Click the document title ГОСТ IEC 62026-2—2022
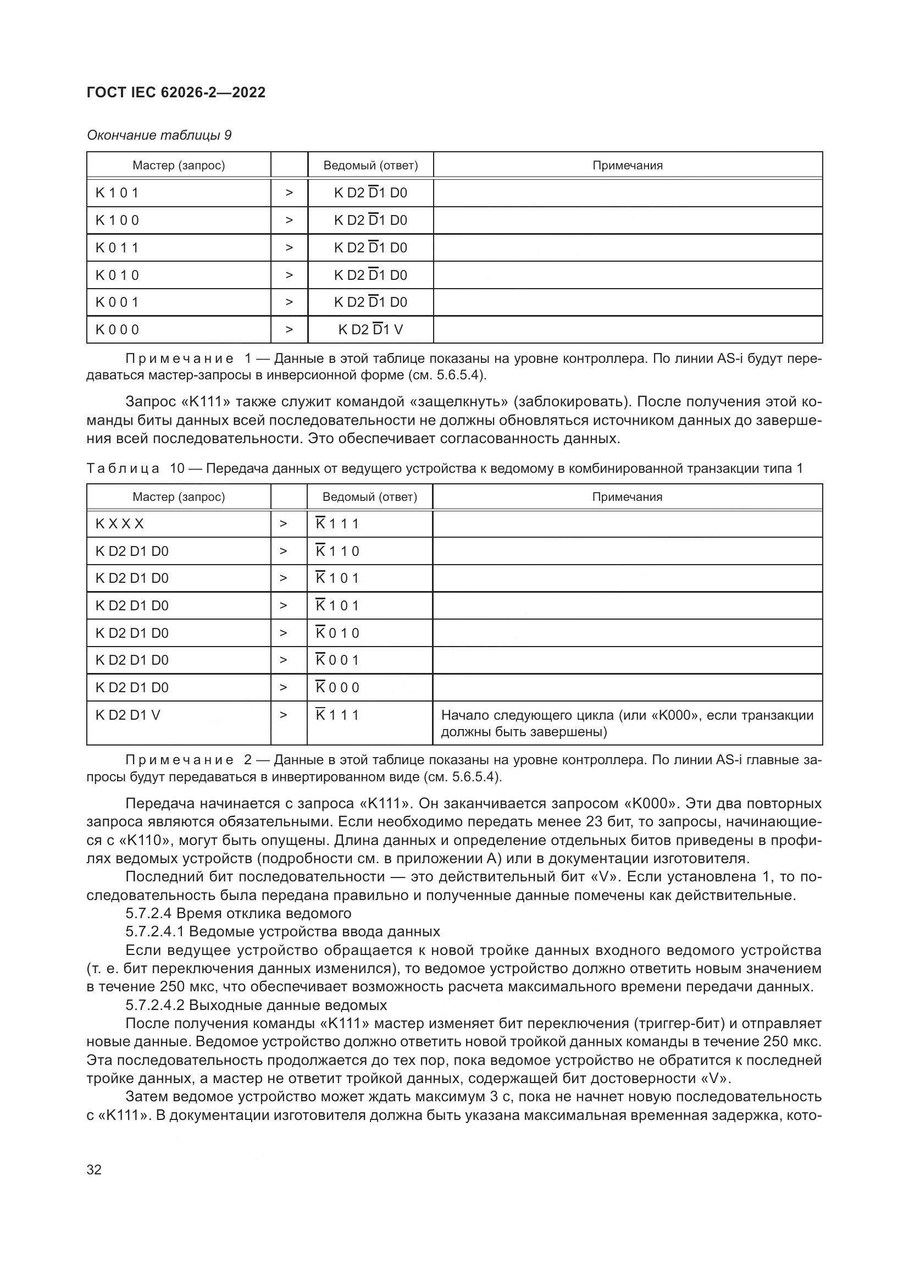tap(176, 93)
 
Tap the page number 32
tap(94, 1169)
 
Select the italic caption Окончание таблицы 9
tap(159, 135)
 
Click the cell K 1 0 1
tap(117, 192)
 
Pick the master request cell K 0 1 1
tap(117, 247)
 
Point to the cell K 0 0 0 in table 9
tap(117, 329)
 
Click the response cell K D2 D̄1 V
tap(370, 329)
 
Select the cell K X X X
tap(119, 524)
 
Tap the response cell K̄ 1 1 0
tap(337, 551)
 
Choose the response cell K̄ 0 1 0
tap(337, 633)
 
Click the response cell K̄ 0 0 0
tap(337, 687)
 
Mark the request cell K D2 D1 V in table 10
tap(128, 715)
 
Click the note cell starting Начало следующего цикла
tap(627, 723)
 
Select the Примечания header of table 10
tap(627, 497)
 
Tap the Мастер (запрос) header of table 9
tap(179, 165)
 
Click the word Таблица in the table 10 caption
tap(123, 468)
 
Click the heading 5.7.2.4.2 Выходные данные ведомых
tap(256, 1005)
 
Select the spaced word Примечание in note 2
tap(179, 760)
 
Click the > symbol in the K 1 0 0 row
tap(289, 220)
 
